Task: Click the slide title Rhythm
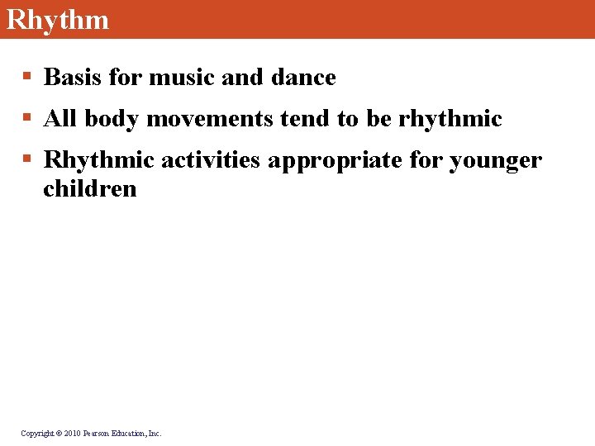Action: click(57, 19)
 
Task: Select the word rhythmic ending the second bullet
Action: click(450, 119)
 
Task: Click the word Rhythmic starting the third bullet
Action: click(98, 159)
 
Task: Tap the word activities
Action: click(211, 159)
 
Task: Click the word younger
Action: click(495, 159)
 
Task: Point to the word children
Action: click(89, 189)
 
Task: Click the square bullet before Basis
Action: click(26, 78)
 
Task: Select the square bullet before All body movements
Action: click(26, 119)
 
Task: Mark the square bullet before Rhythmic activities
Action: click(26, 159)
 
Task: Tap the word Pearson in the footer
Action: click(98, 433)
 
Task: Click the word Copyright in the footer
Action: click(36, 433)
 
